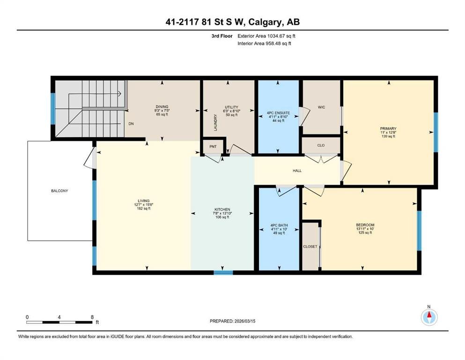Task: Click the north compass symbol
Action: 429,317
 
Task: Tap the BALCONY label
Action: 59,191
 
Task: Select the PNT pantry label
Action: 213,147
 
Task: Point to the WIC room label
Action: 321,107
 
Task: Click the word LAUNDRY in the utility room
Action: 215,122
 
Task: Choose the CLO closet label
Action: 321,145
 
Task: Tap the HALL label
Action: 297,171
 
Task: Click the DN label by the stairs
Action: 131,124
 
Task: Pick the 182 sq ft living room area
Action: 144,209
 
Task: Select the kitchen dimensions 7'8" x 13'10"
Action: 222,213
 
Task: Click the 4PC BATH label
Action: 279,225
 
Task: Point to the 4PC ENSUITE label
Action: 278,113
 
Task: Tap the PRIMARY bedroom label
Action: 388,129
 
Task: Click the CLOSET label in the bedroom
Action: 310,247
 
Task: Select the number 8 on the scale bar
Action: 92,317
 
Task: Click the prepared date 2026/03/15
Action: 245,321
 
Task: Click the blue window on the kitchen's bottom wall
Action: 223,272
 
